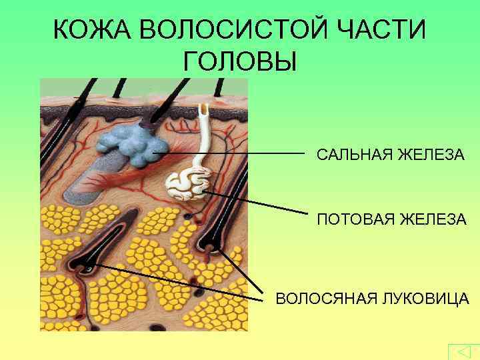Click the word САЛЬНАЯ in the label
354,155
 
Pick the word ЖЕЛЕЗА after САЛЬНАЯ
431,155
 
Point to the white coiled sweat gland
188,185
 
